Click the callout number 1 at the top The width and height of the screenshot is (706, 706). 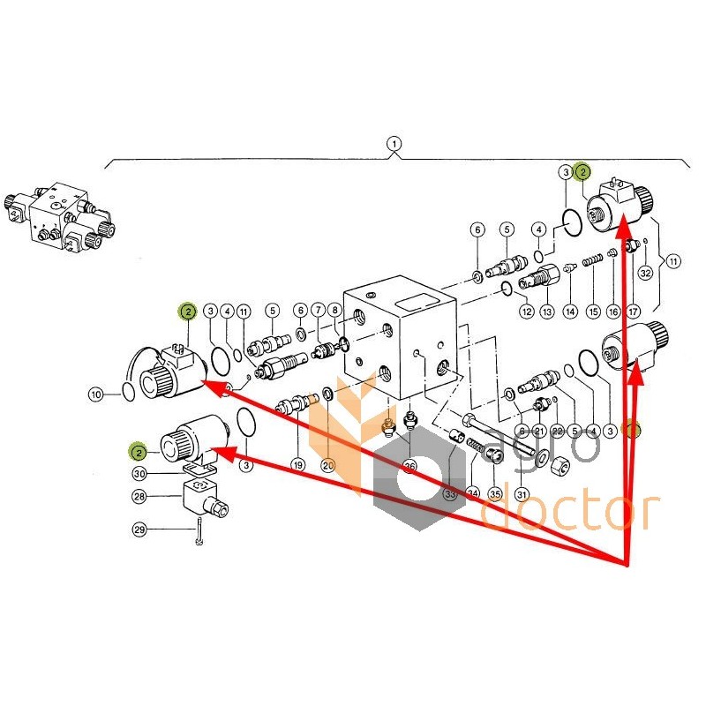394,143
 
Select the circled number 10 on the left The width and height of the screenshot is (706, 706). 97,393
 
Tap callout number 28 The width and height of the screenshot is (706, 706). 139,497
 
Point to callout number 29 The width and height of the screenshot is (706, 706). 139,529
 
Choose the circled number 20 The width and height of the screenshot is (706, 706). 327,465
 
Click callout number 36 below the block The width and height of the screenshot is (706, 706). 409,465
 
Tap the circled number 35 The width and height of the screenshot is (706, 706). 495,494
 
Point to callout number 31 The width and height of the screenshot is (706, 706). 522,494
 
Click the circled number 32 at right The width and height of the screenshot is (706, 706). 645,274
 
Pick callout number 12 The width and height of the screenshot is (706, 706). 526,311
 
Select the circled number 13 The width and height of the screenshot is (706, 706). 547,311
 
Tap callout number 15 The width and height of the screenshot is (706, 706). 593,311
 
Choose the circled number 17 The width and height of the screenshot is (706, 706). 633,311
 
